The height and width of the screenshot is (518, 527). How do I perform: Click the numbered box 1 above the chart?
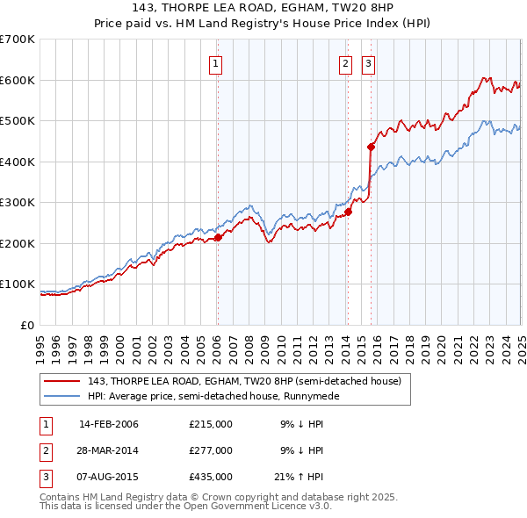click(215, 63)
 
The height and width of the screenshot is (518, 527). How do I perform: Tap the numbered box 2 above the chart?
click(345, 63)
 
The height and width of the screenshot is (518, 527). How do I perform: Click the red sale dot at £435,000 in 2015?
click(371, 147)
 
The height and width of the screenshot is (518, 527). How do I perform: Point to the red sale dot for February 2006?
click(218, 237)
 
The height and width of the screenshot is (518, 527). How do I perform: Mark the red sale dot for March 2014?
click(349, 212)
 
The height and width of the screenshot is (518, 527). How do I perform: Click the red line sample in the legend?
click(63, 381)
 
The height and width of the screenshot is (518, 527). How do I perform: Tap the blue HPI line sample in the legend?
click(63, 396)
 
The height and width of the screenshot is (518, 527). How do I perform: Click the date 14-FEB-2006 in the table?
click(109, 424)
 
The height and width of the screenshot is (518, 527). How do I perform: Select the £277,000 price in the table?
click(211, 450)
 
